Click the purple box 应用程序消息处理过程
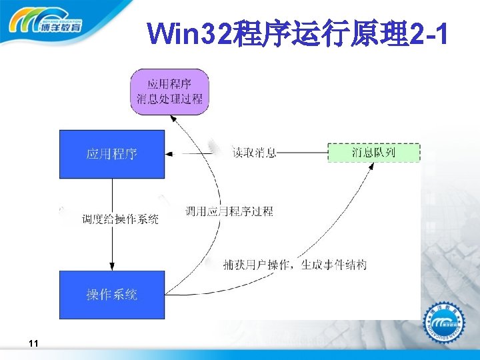coord(169,91)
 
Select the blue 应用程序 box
coord(112,154)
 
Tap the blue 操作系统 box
coord(112,294)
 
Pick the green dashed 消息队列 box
coord(374,153)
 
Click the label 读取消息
coord(254,153)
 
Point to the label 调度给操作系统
coord(120,219)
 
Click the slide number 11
coord(33,343)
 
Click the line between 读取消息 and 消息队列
coord(303,153)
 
